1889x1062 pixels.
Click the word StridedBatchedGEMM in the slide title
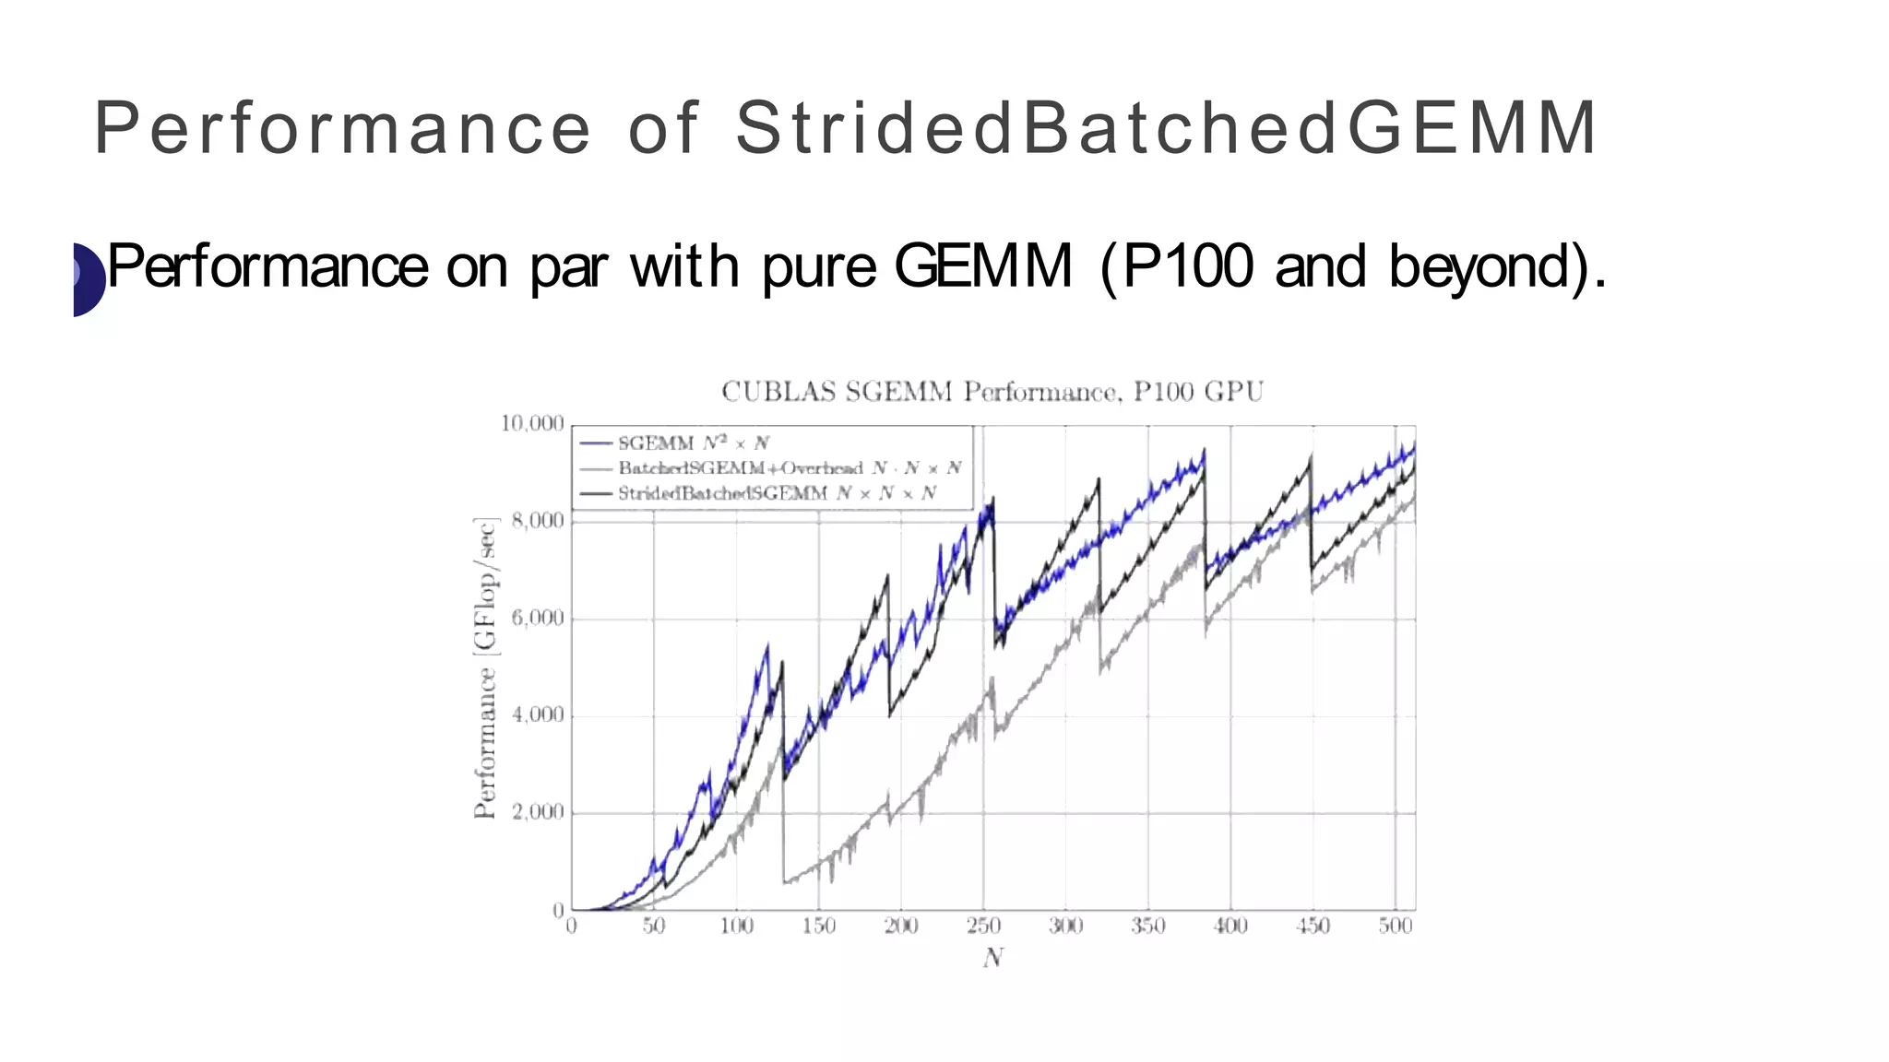[1166, 127]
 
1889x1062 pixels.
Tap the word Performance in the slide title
[342, 127]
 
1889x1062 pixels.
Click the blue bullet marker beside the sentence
[89, 279]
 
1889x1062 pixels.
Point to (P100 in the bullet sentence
[1177, 266]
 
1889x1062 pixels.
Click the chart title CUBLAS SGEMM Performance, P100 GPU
[992, 392]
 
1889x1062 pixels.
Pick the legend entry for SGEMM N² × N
[693, 443]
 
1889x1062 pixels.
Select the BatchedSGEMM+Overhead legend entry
[790, 468]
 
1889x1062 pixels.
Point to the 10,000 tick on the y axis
[532, 423]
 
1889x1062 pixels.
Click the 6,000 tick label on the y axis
[537, 618]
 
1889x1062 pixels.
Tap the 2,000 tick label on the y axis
[537, 812]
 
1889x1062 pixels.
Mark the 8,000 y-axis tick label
[537, 521]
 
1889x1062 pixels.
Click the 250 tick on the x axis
[983, 926]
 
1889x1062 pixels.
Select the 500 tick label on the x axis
[1396, 926]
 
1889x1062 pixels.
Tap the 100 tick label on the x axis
[736, 926]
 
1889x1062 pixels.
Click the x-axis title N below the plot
[992, 959]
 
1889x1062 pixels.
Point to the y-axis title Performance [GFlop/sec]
[485, 668]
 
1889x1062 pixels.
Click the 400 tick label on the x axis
[1230, 926]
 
